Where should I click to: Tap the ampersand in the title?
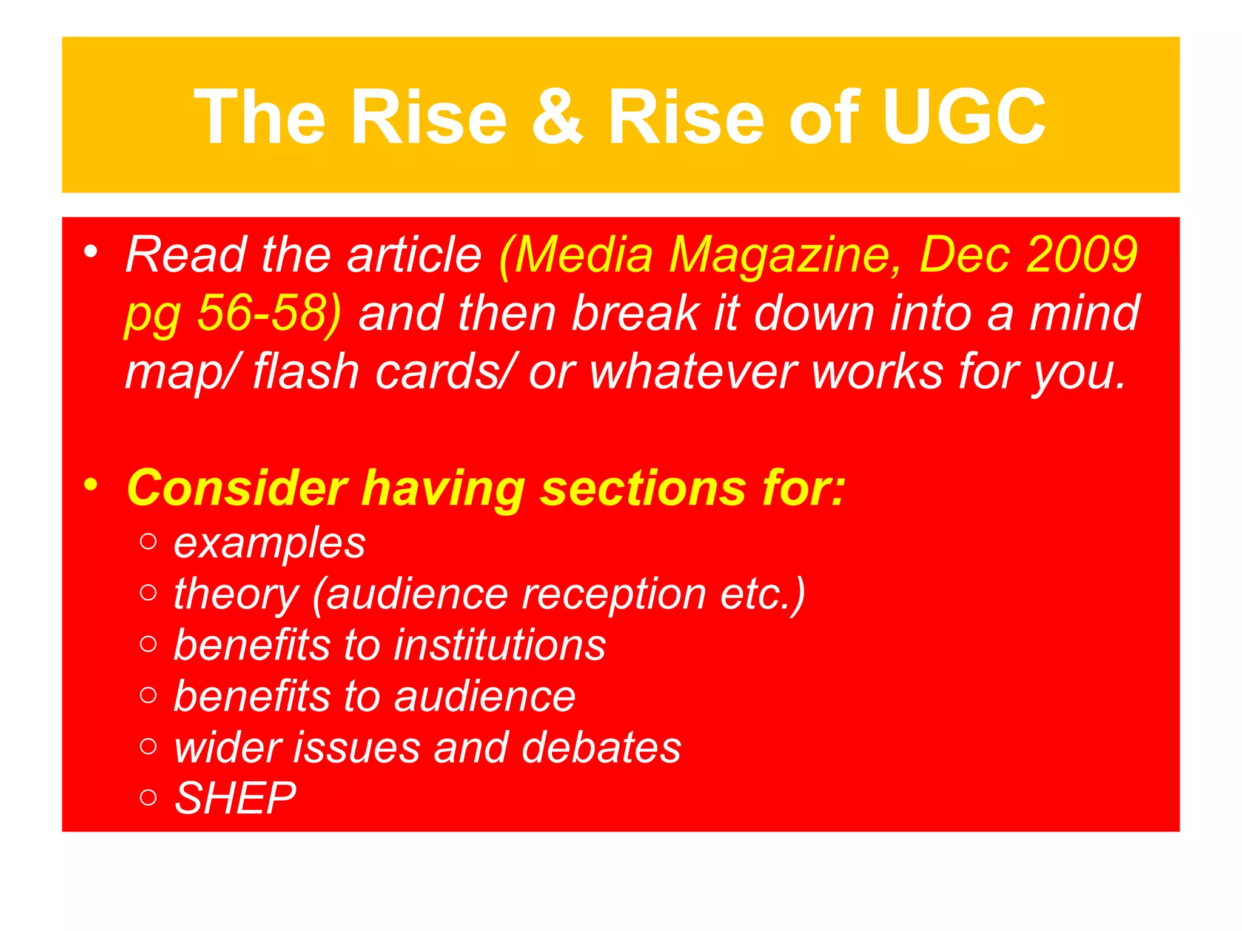(557, 116)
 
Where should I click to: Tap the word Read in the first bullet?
(186, 255)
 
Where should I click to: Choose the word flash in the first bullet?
(306, 371)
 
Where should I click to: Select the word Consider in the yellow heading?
(237, 488)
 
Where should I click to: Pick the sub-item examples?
(269, 543)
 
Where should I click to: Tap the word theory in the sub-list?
(237, 595)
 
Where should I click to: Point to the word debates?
(601, 747)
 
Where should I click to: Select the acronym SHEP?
(235, 798)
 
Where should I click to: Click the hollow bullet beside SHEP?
(148, 797)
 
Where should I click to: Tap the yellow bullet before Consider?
(91, 484)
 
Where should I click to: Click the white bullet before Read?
(91, 252)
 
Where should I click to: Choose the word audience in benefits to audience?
(485, 696)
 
